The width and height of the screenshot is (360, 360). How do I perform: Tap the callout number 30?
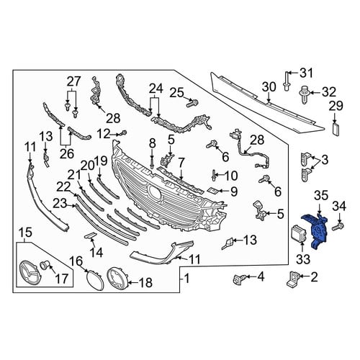click(269, 87)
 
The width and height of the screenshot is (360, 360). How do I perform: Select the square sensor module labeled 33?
click(297, 234)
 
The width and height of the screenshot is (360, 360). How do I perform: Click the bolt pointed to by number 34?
click(338, 227)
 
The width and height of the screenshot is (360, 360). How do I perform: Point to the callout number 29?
click(336, 106)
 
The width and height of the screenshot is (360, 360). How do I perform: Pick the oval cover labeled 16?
click(95, 280)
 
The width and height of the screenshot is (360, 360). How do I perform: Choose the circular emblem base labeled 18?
click(117, 279)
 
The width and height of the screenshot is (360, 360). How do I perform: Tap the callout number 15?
click(26, 233)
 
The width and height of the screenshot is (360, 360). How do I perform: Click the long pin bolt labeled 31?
click(287, 81)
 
